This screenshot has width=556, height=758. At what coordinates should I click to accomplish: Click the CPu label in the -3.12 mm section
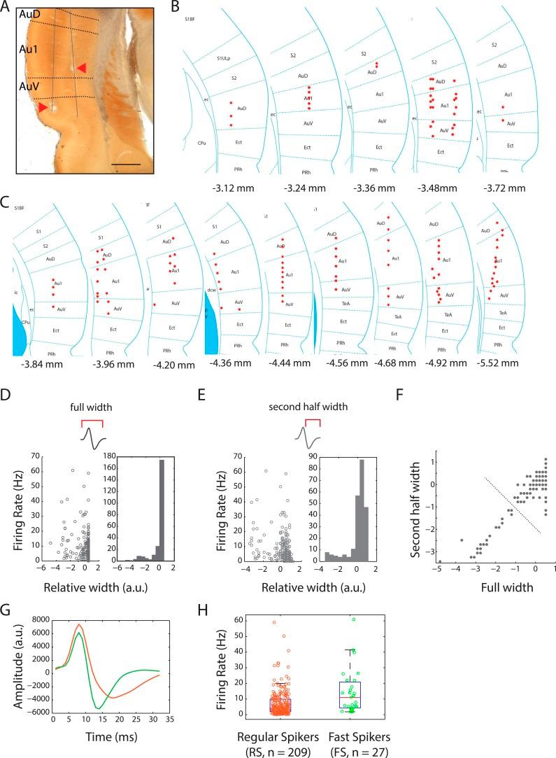[x=201, y=142]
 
